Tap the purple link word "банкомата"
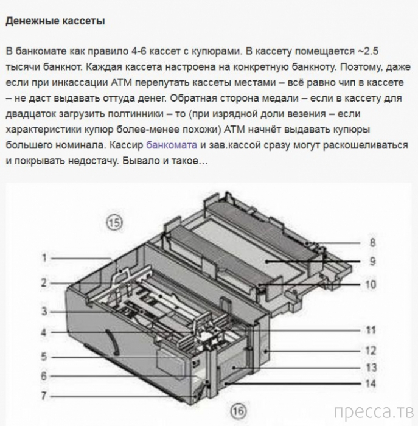[172, 145]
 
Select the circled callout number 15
[114, 223]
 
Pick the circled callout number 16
[239, 411]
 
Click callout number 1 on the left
[44, 257]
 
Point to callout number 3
[44, 311]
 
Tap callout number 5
[44, 357]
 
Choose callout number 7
[44, 396]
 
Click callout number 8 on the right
[372, 242]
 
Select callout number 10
[371, 284]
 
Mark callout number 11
[371, 330]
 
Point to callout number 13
[371, 368]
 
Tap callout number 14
[371, 383]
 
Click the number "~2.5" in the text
[367, 51]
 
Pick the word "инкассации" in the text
[80, 83]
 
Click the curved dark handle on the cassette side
[113, 343]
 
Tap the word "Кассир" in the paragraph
[127, 145]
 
